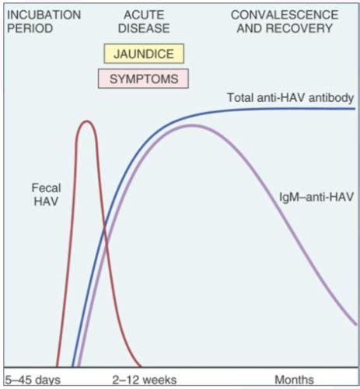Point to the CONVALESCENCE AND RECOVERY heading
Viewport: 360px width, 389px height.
point(284,21)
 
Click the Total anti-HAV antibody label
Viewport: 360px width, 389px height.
point(291,98)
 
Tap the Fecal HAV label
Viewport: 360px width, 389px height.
point(46,194)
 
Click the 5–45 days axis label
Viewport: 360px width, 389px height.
point(28,380)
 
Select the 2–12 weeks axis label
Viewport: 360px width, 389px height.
point(144,380)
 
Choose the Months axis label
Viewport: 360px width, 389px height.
point(295,380)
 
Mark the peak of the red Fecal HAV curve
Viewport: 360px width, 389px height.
point(86,121)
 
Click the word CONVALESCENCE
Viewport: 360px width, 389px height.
point(284,15)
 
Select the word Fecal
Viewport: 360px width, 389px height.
point(46,188)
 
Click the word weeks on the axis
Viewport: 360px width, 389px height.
point(159,380)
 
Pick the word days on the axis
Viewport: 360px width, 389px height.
point(40,380)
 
